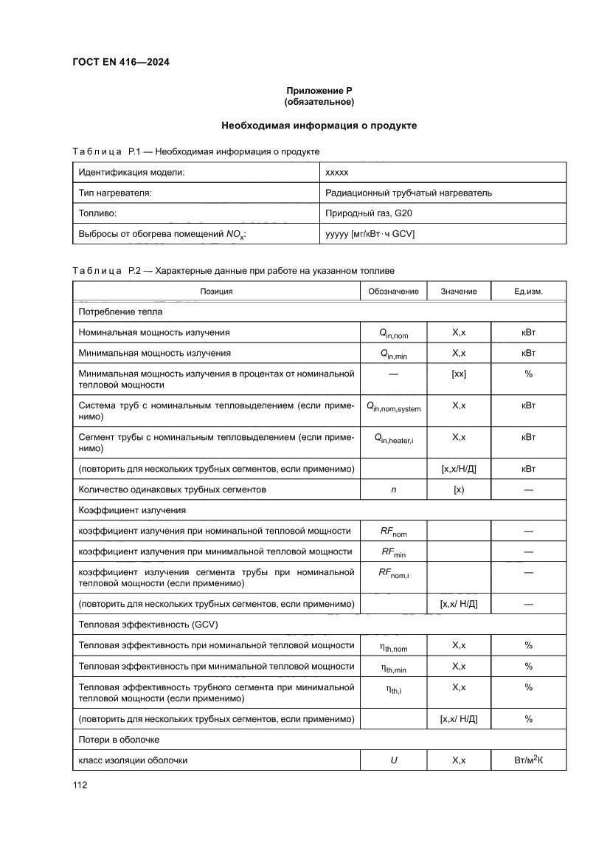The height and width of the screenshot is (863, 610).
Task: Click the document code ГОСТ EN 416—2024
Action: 121,62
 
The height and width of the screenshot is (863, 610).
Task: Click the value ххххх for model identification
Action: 337,172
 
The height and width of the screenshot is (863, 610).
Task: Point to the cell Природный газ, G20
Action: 374,213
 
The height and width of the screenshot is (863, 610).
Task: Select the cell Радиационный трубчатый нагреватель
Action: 408,193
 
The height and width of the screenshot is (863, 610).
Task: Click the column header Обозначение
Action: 393,291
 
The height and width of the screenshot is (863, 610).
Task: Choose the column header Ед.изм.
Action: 528,291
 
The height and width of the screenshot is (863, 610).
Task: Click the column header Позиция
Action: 216,291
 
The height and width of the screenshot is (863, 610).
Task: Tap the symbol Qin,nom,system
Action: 393,407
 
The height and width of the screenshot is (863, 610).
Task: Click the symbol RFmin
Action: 393,551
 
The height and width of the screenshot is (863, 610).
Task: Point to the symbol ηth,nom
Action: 393,646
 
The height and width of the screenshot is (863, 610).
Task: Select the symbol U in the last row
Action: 393,760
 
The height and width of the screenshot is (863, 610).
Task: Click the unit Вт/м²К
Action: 528,760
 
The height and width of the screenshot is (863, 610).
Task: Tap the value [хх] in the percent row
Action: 458,374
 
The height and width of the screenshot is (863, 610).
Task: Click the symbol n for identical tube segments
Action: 393,489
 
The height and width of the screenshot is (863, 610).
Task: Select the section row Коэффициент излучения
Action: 132,509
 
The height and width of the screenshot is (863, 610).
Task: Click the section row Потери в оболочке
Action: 119,739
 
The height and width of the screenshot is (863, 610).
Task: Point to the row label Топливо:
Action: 98,213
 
